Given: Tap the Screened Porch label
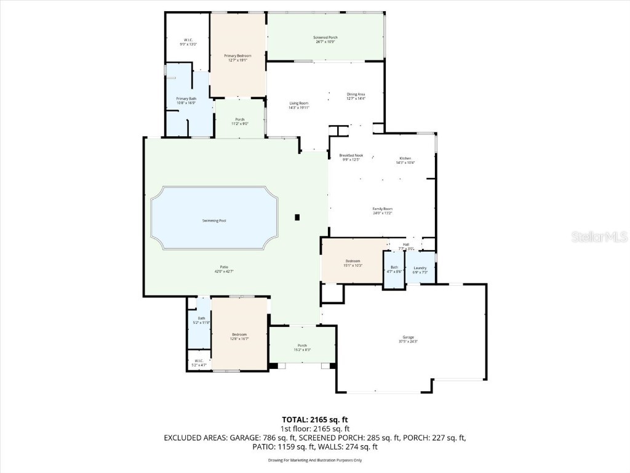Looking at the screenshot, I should pos(325,38).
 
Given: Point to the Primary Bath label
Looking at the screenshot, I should pos(186,99).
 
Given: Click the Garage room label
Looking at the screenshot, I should pos(408,337).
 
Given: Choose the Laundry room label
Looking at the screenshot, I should pos(421,268).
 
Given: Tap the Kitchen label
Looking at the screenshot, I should pos(406,158).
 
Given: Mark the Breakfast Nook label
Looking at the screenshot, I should pos(351,155).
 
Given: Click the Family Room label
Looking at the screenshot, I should pos(382,209).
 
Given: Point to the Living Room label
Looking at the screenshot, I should pos(299,103).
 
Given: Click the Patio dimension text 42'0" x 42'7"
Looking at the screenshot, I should pos(223,271).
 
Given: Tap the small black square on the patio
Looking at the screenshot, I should pos(297,217).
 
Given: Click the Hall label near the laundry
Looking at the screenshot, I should pos(406,245).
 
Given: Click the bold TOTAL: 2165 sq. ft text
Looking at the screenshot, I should pos(315,419).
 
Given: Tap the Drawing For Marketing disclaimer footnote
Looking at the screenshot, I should pos(315,460).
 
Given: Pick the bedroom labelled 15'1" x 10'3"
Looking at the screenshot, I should pos(353,263).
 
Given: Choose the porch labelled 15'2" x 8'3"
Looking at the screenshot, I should pos(302,347).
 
